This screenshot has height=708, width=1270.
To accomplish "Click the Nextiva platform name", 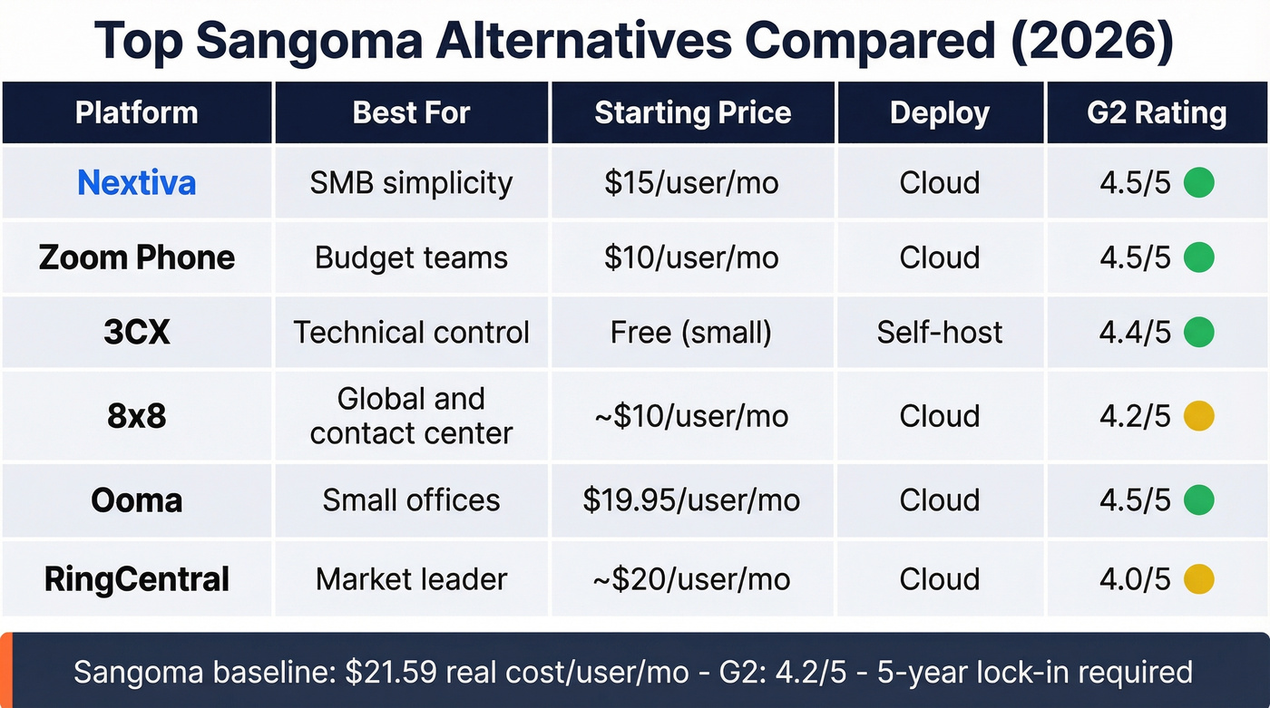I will (x=136, y=183).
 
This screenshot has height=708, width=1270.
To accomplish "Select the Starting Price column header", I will (x=692, y=113).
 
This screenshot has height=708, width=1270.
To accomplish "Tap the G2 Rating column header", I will (x=1157, y=113).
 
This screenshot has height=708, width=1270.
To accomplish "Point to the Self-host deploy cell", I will (x=939, y=333).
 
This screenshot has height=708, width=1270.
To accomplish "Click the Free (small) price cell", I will (x=691, y=333).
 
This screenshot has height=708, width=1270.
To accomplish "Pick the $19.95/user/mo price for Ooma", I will (x=691, y=500).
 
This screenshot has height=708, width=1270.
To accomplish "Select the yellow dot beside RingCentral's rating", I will (x=1199, y=579).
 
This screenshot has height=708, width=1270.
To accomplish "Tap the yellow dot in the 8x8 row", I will (x=1199, y=416).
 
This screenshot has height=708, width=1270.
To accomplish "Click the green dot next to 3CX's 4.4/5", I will (x=1199, y=333).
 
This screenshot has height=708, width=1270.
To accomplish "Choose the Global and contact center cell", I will (x=411, y=416).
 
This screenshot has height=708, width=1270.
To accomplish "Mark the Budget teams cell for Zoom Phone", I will (x=411, y=258).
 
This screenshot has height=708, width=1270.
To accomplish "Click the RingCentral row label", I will (x=136, y=579).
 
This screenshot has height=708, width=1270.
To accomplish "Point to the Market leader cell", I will (x=411, y=579).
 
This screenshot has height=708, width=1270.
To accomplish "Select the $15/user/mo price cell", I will (x=691, y=183).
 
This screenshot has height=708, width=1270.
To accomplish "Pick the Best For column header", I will (x=411, y=113).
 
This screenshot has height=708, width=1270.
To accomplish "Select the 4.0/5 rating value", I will (x=1135, y=579).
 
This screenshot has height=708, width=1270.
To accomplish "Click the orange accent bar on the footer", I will (x=5, y=670).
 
